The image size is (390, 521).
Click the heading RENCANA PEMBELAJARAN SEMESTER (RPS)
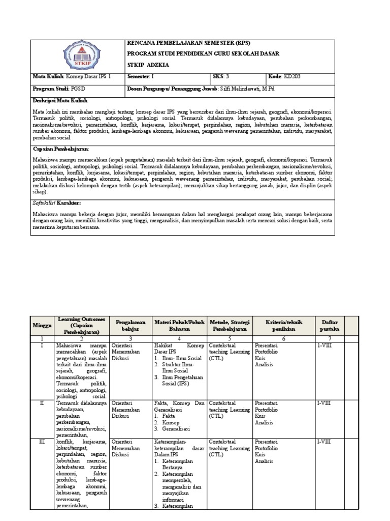(x=188, y=43)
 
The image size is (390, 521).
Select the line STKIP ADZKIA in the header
(x=148, y=65)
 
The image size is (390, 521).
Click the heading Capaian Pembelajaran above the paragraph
(x=60, y=149)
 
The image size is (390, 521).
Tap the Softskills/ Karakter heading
(x=56, y=202)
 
